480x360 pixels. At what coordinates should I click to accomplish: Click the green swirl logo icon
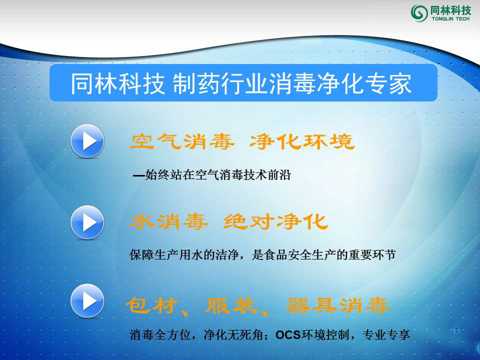coord(419,12)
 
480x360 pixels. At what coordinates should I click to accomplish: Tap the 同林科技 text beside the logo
coord(450,9)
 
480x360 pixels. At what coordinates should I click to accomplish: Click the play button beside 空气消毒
coord(87,141)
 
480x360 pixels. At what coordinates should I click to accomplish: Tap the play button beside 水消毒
coord(87,222)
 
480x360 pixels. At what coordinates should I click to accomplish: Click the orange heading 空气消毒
coord(182,142)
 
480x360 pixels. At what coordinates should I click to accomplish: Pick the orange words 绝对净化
coord(275,221)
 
